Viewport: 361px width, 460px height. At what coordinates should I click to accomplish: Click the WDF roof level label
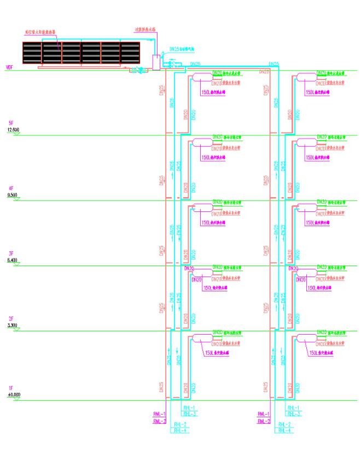coord(9,67)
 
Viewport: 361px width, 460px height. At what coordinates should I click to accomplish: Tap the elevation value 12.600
coord(12,130)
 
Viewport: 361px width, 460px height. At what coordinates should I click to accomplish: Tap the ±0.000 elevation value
coord(12,394)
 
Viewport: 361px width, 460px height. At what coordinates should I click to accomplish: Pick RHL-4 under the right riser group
coord(285,430)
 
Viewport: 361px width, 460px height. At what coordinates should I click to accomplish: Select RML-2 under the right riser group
coord(264,421)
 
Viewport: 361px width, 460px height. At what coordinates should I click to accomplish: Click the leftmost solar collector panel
coord(32,53)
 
